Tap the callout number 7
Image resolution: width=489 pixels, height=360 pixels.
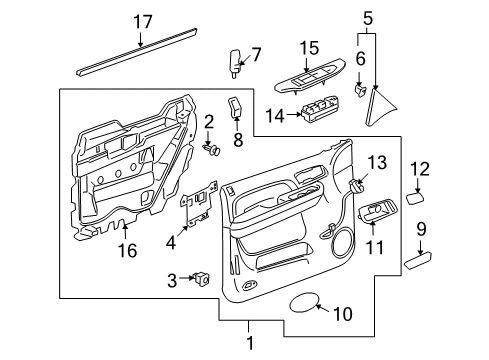pos(255,53)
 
